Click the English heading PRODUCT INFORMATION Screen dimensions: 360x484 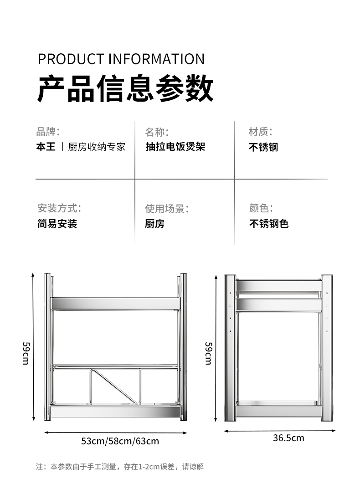click(x=121, y=59)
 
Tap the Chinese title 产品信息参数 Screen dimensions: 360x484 click(x=125, y=88)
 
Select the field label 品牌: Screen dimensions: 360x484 click(x=48, y=132)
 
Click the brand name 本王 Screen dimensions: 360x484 click(x=46, y=147)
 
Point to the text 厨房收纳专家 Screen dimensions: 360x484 click(x=97, y=147)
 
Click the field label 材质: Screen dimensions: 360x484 click(x=260, y=132)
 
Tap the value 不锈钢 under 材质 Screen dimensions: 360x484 click(x=263, y=147)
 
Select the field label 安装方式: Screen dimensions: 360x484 click(x=59, y=209)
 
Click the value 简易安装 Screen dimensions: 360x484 click(x=57, y=224)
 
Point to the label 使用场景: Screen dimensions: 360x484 click(x=167, y=209)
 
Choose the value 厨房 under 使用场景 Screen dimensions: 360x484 click(x=155, y=224)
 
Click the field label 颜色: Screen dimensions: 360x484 click(x=261, y=209)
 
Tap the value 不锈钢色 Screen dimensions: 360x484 click(x=269, y=224)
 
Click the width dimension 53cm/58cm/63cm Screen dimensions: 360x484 click(x=120, y=441)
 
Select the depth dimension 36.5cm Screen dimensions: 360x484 click(x=288, y=438)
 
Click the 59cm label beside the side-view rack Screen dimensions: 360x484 click(x=208, y=353)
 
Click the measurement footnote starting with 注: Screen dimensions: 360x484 click(x=120, y=467)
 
